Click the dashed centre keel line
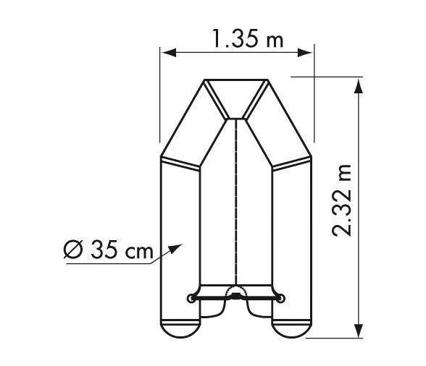(x=237, y=203)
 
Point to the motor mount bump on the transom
(x=237, y=292)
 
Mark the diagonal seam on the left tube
(x=180, y=163)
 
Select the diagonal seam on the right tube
(x=293, y=163)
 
